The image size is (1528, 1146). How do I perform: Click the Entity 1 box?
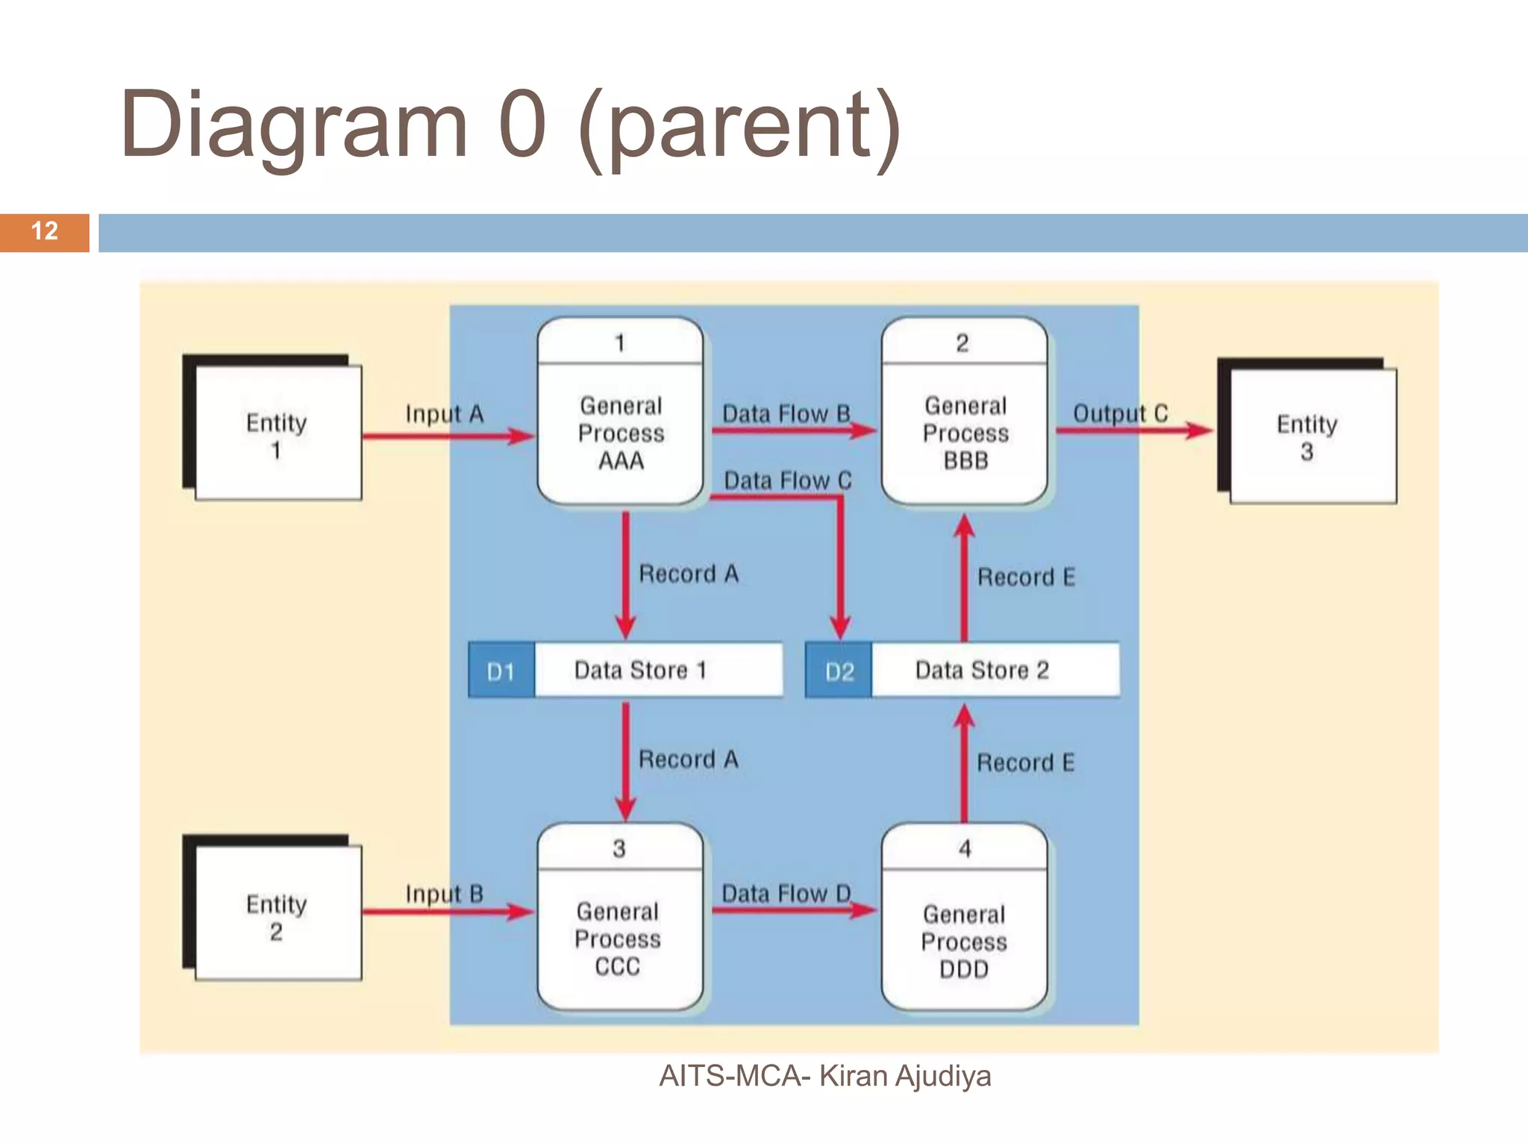[277, 433]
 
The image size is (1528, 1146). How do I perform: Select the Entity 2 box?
[277, 914]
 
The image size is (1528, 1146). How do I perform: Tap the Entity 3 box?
[1311, 436]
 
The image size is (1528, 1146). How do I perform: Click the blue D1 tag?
[501, 671]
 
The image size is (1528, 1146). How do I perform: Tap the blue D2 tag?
[839, 671]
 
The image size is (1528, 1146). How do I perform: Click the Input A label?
[445, 413]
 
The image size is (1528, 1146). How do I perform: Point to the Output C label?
[1120, 413]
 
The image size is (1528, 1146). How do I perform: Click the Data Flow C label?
[788, 480]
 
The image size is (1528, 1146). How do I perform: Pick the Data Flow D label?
[786, 893]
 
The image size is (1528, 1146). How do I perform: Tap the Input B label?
[445, 893]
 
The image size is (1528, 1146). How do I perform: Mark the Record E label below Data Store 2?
[1026, 763]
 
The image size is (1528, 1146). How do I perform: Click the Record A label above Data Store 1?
[688, 574]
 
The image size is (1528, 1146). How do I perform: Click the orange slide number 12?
[45, 231]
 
